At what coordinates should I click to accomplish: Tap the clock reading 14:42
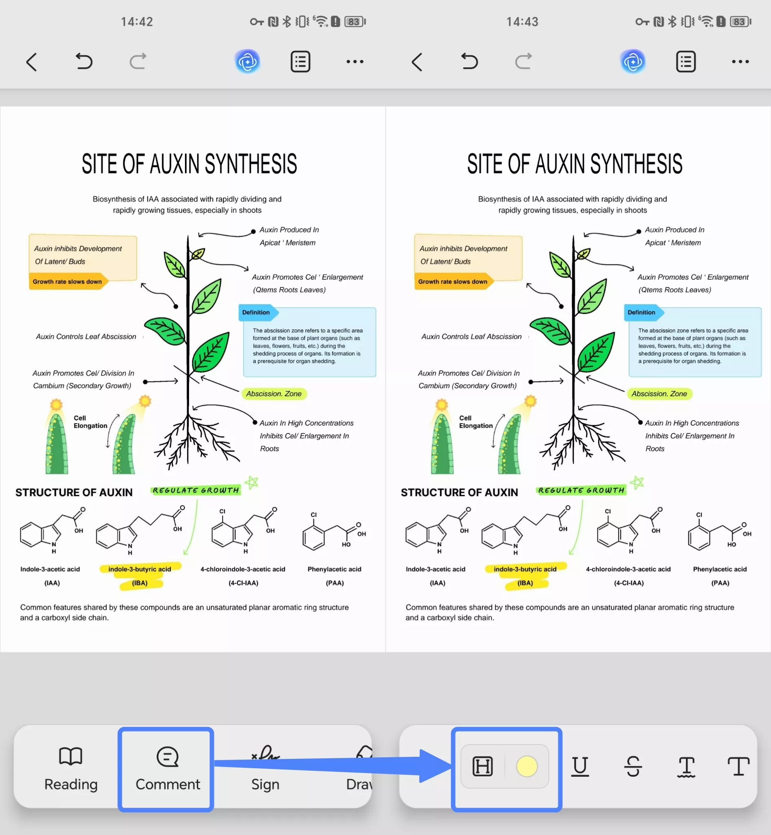pos(137,22)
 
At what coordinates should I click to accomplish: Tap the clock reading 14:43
pos(522,22)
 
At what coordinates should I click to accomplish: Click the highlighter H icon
pos(483,766)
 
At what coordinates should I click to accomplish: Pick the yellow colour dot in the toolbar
pos(527,766)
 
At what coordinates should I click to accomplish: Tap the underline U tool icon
pos(580,767)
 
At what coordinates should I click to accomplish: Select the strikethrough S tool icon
pos(633,767)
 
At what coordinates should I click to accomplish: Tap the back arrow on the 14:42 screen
pos(32,62)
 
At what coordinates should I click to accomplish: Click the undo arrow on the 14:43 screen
pos(469,62)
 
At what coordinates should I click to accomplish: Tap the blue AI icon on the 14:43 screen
pos(633,62)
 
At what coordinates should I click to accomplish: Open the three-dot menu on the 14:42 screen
pos(355,62)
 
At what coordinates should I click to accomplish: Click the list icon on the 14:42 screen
pos(300,62)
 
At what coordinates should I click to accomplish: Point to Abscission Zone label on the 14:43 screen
pos(659,394)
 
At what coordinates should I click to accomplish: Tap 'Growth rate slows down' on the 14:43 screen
pos(453,281)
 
